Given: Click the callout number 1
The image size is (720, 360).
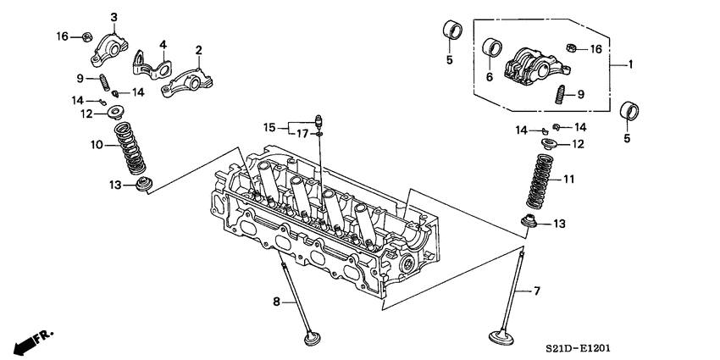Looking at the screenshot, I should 630,64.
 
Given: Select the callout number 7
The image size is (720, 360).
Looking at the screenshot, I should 535,292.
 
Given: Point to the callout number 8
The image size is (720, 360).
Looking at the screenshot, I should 276,300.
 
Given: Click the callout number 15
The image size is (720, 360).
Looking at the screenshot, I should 269,127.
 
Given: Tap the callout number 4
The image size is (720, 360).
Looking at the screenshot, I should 163,44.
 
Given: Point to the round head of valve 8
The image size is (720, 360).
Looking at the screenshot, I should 313,337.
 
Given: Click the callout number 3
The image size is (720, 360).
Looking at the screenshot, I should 114,18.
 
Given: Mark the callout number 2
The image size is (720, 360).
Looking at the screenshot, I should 198,50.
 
